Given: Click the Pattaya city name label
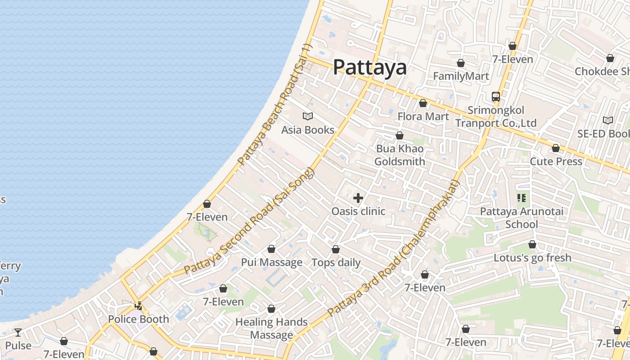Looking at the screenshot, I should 370,67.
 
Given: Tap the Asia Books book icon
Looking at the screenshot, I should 308,117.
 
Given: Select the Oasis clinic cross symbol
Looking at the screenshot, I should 358,198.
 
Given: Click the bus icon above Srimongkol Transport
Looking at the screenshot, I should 496,96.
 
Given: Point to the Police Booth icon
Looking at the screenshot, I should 139,306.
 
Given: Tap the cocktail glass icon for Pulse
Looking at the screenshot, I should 18,333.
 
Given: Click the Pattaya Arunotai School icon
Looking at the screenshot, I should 522,198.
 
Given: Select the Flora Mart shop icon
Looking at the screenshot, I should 423,103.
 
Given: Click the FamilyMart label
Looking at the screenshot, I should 461,76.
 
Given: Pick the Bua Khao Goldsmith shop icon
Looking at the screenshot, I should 400,135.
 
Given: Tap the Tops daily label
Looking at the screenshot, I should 336,263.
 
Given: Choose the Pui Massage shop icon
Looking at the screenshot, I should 271,249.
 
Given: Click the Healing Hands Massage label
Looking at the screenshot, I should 272,328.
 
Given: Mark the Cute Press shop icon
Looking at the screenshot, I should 556,148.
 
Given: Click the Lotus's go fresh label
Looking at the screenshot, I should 532,258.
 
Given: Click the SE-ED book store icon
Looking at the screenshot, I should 608,120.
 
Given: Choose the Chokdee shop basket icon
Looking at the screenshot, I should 610,58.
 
